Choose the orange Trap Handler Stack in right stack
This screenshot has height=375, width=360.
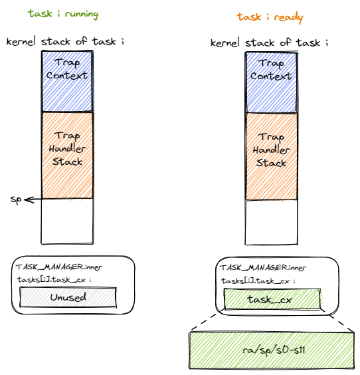point(271,154)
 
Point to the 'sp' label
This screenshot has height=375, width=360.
point(15,199)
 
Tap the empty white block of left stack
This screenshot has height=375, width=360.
point(67,221)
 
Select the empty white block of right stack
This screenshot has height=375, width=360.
point(271,221)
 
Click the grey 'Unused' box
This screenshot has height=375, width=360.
point(68,298)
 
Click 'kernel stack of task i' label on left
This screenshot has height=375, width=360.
point(66,41)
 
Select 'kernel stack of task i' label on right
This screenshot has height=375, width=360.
point(270,43)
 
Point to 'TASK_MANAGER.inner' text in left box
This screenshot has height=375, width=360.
point(59,267)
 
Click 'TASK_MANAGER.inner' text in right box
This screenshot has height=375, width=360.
point(262,268)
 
